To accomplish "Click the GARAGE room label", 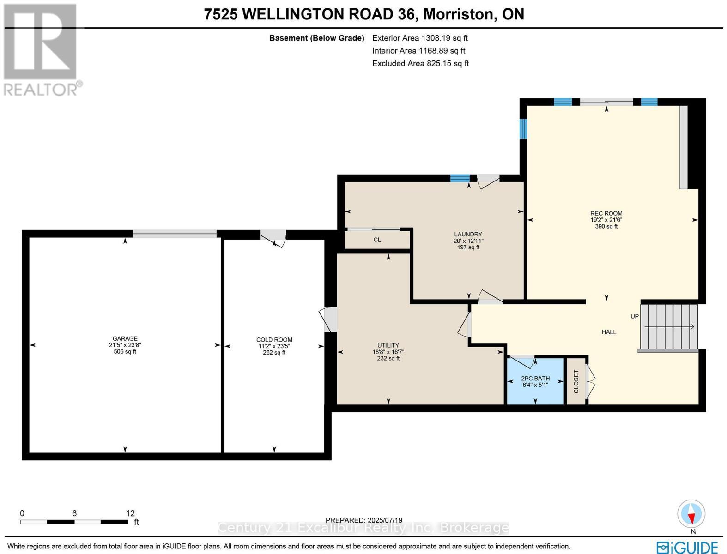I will [125, 338].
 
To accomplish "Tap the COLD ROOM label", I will [274, 340].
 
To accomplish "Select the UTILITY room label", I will [388, 345].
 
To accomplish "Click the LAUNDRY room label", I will [468, 234].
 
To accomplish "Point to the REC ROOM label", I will [606, 213].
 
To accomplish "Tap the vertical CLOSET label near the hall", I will [576, 381].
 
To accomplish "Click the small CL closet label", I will [377, 240].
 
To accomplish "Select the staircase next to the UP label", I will [668, 327].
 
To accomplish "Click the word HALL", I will [609, 332].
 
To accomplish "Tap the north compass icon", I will [691, 514].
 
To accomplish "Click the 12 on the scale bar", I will [130, 513].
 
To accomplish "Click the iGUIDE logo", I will [687, 547].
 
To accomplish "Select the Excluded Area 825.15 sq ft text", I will [420, 63].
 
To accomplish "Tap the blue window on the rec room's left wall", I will [523, 129].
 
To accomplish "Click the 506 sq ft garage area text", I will [125, 351].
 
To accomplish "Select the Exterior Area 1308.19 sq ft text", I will [420, 38].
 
